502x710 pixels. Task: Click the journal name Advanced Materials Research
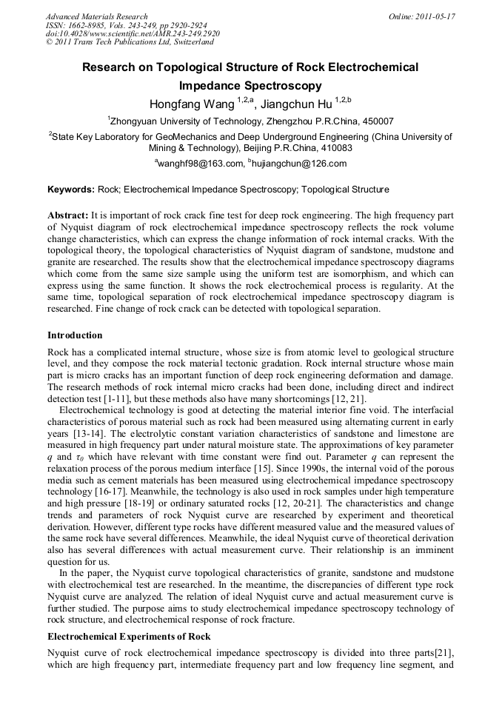[x=97, y=16]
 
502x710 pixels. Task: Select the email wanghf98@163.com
[x=201, y=164]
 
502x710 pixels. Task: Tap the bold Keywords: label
[x=71, y=190]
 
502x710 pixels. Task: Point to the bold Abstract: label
[x=68, y=215]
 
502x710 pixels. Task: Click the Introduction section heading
[x=75, y=335]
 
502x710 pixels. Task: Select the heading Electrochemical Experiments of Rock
[x=129, y=637]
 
